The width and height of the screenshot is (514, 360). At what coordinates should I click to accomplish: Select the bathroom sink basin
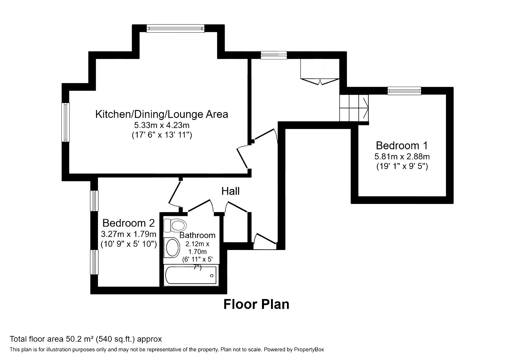click(x=172, y=248)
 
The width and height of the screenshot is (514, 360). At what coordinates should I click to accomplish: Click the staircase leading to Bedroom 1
click(x=354, y=108)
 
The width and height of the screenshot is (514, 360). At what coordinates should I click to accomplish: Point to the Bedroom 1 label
click(x=402, y=146)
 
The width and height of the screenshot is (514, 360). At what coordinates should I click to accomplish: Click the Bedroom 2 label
click(x=128, y=223)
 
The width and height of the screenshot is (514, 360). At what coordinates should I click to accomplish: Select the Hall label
click(x=230, y=191)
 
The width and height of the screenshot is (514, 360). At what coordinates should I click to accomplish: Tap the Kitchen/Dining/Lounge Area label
click(x=162, y=114)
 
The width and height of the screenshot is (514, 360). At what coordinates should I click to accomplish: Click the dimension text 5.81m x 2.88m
click(x=402, y=156)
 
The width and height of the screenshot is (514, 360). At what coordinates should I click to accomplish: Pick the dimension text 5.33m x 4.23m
click(x=162, y=125)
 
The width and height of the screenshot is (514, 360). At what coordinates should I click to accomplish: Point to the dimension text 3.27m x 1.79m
click(x=128, y=234)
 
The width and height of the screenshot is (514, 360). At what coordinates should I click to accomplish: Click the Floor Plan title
click(x=256, y=304)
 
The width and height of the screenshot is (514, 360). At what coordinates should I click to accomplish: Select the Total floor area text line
click(x=86, y=339)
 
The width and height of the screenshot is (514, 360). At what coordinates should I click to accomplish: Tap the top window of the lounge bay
click(x=175, y=29)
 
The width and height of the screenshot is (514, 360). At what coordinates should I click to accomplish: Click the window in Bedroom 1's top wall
click(x=404, y=91)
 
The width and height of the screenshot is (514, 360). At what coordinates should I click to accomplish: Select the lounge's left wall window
click(x=66, y=122)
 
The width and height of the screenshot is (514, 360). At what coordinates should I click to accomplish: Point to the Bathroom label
click(x=197, y=235)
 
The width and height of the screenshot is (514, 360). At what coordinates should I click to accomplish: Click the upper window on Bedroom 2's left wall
click(x=95, y=201)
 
